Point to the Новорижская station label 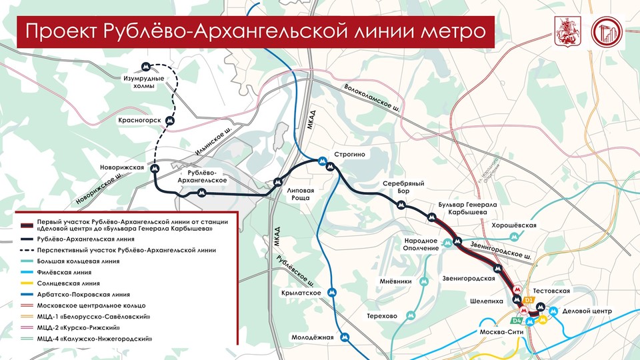pyautogui.click(x=123, y=167)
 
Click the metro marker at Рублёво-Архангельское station pyautogui.click(x=201, y=192)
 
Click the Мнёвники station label pyautogui.click(x=395, y=281)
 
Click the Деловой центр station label pyautogui.click(x=586, y=311)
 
